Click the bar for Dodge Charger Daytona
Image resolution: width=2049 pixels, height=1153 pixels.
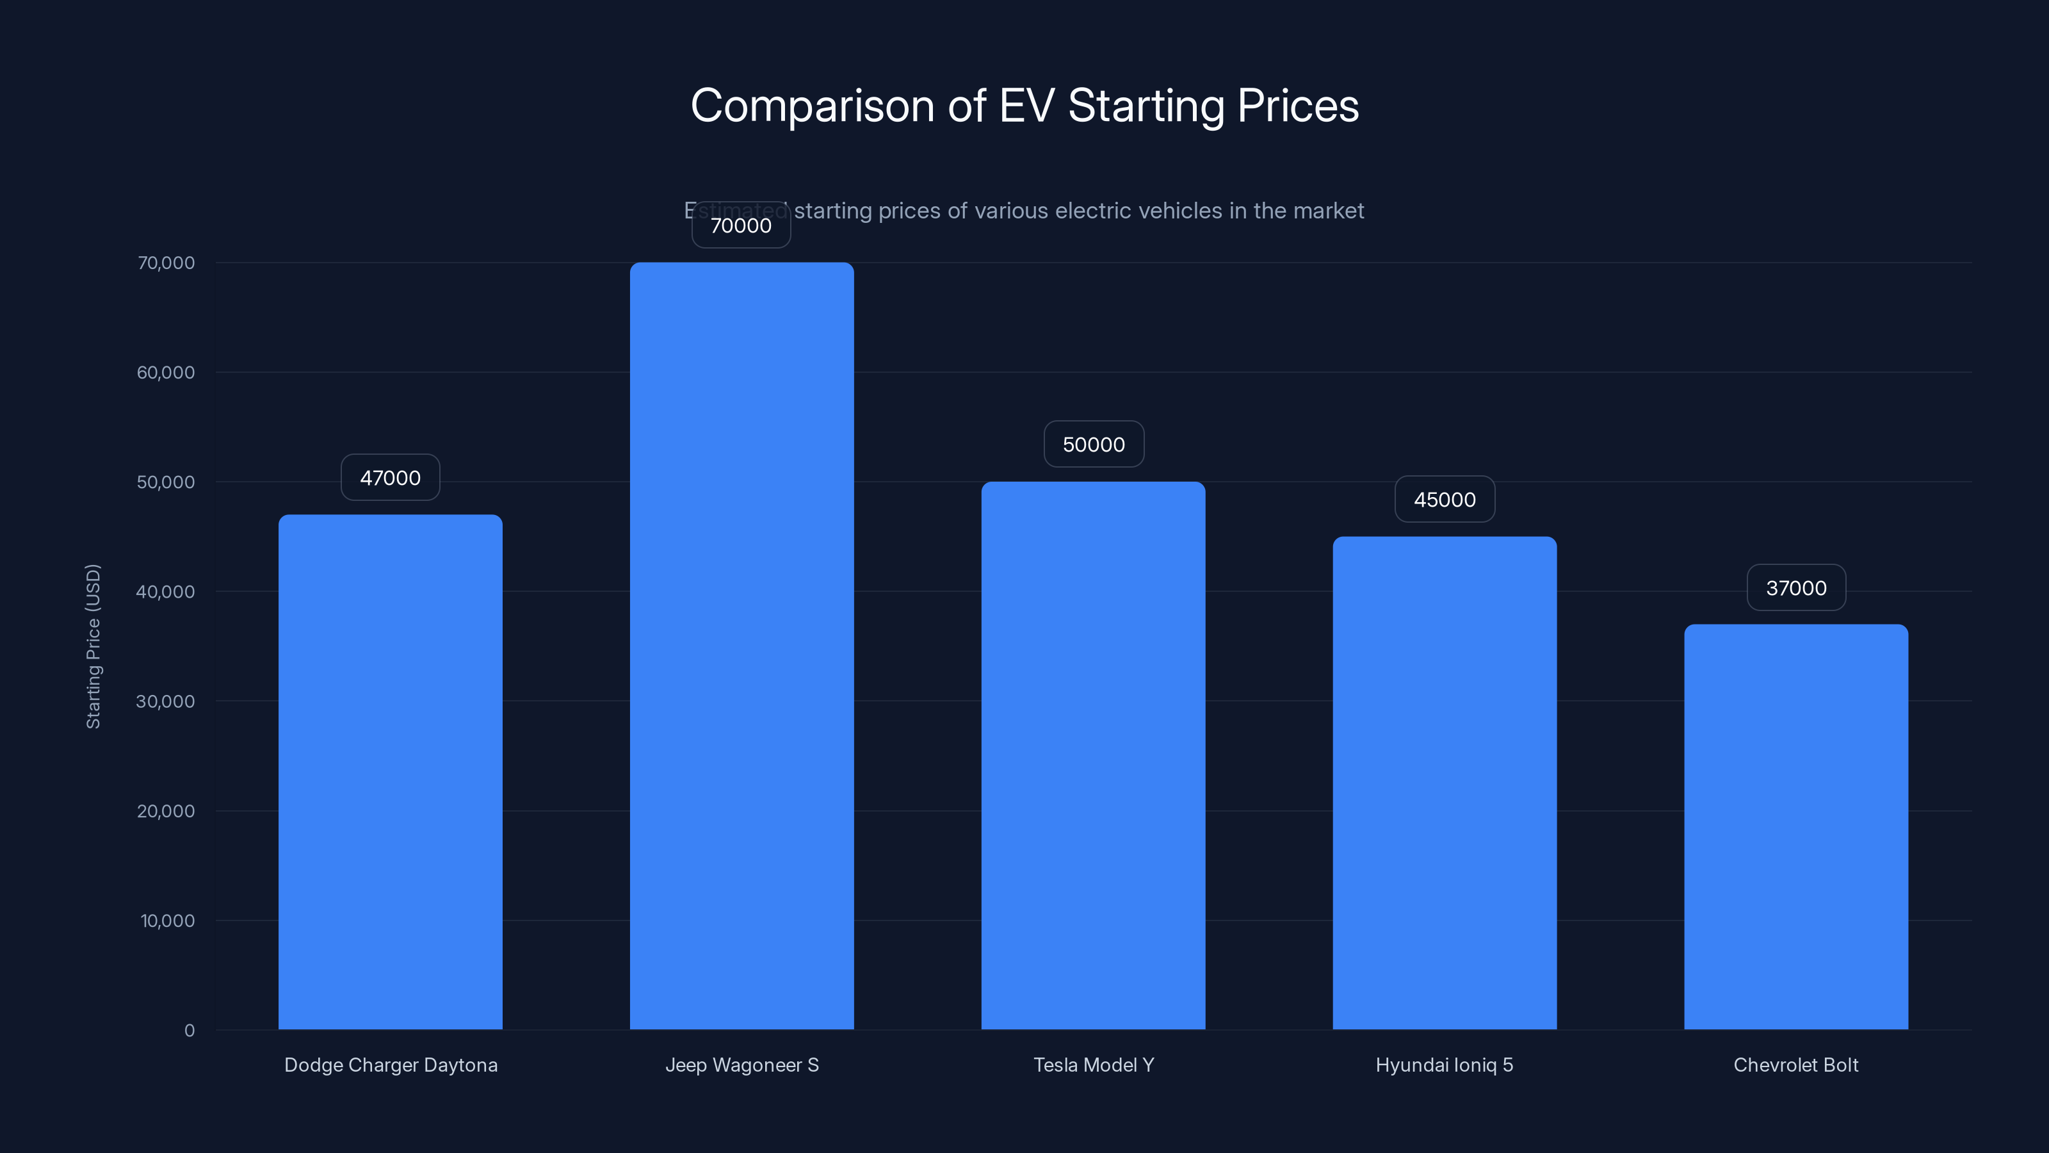click(390, 772)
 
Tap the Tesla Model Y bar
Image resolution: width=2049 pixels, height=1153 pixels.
click(1093, 756)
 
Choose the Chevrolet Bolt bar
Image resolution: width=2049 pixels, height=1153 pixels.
click(1795, 827)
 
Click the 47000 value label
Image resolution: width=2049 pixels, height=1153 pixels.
click(390, 477)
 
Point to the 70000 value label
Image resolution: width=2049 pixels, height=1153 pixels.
click(741, 226)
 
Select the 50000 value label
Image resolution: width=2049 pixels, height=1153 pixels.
click(1094, 444)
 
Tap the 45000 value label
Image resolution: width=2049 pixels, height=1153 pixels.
click(1445, 500)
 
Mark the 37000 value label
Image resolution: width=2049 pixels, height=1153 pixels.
click(1796, 588)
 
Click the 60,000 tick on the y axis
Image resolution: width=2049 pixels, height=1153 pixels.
click(165, 372)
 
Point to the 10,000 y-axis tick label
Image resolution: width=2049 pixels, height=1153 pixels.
click(167, 920)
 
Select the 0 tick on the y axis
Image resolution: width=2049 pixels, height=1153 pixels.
click(190, 1031)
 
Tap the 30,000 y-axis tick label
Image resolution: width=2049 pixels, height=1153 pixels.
click(165, 701)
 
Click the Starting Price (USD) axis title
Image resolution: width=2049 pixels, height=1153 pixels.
click(93, 646)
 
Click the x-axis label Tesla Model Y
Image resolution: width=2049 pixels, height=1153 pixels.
click(1093, 1065)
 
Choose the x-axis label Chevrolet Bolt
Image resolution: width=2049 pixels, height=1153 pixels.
click(1795, 1065)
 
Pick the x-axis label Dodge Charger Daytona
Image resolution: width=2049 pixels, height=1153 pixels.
click(391, 1065)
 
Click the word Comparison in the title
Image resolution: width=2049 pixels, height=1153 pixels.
click(811, 106)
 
